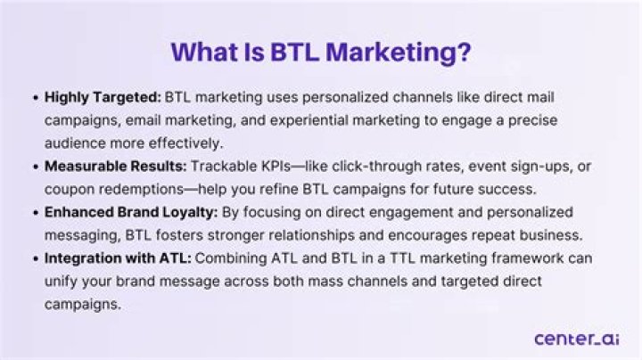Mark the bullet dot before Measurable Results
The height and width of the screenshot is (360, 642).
(x=35, y=165)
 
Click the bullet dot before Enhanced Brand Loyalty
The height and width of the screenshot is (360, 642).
(x=35, y=215)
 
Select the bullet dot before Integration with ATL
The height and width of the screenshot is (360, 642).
(x=35, y=258)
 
